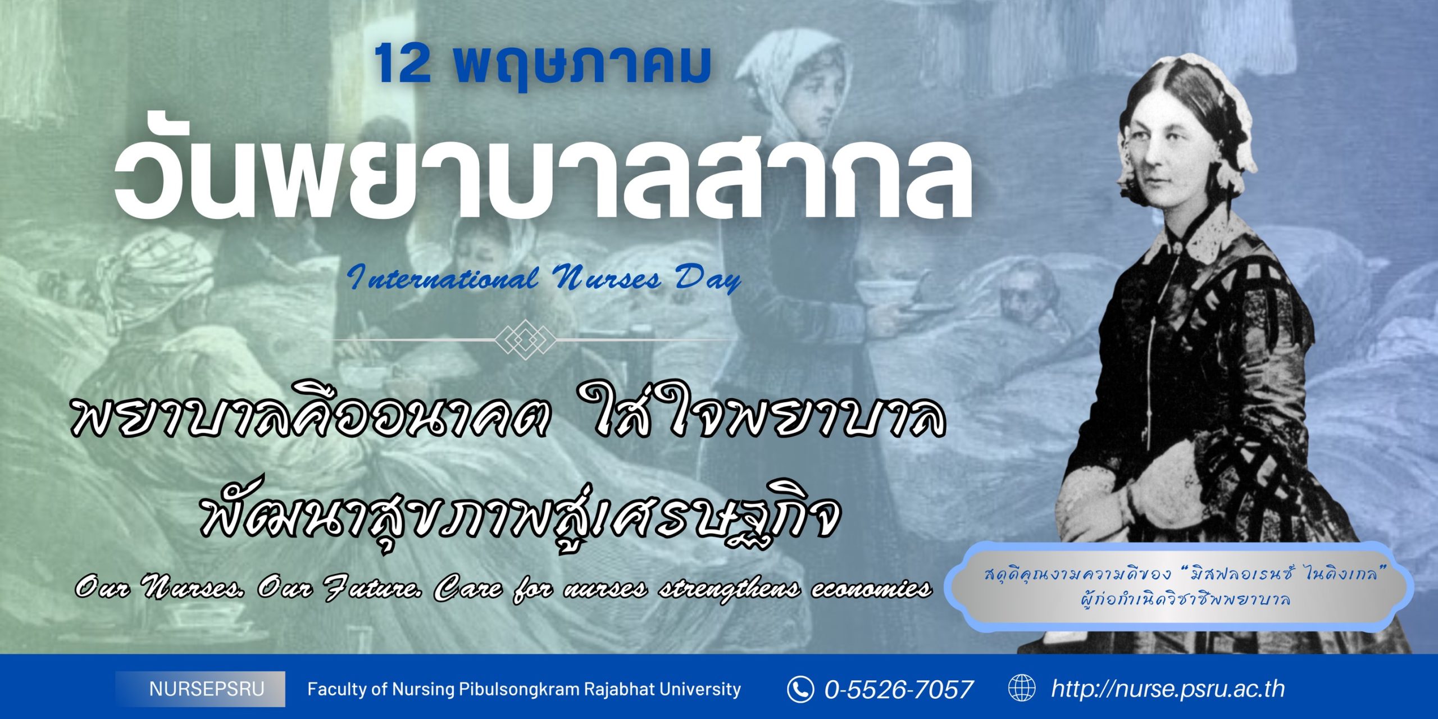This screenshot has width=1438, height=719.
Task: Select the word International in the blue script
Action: (442, 277)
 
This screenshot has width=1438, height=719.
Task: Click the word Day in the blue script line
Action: (708, 279)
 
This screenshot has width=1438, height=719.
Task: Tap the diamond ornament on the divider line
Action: (525, 339)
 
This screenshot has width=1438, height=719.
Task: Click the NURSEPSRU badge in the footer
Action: (201, 689)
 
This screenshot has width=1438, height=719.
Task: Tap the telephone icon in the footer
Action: (800, 689)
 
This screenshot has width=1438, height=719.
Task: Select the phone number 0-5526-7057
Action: (899, 689)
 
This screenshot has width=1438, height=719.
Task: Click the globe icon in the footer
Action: (1022, 689)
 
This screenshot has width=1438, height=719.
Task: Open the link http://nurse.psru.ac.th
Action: (1168, 689)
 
